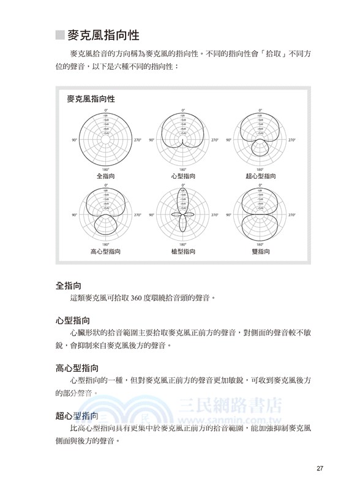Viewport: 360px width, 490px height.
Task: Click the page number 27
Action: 320,469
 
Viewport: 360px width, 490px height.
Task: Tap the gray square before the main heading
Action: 59,35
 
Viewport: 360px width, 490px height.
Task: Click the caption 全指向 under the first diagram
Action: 105,176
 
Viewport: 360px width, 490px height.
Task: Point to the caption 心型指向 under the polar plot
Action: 182,176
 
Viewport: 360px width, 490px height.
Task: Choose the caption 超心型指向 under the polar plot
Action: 260,176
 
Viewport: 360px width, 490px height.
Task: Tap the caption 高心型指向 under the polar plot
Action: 105,251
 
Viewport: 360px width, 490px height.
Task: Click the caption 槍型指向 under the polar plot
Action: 182,251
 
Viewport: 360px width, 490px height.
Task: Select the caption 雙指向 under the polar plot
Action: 260,251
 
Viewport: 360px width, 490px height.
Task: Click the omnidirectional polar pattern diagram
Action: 105,140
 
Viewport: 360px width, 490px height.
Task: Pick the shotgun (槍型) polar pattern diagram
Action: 182,215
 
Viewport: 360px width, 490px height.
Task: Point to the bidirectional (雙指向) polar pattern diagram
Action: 260,215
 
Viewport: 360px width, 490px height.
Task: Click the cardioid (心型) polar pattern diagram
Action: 182,140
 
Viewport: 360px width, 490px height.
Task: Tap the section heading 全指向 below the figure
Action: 69,285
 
